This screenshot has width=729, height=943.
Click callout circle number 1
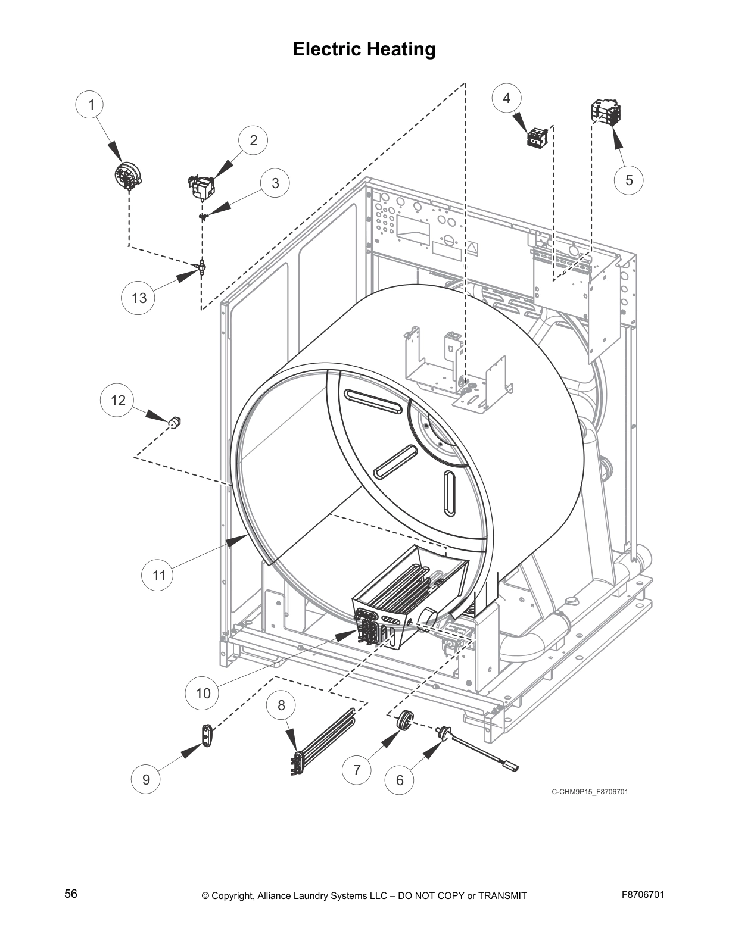91,105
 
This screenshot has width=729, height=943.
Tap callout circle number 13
139,298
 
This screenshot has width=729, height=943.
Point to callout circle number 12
118,400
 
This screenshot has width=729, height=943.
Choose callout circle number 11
158,576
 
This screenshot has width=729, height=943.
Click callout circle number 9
147,779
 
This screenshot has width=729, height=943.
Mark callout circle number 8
281,705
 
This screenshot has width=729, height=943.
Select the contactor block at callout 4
537,137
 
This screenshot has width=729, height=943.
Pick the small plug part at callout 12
175,423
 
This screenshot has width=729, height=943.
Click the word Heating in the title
401,49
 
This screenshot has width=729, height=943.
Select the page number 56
71,895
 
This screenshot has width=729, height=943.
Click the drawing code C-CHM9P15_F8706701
589,792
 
